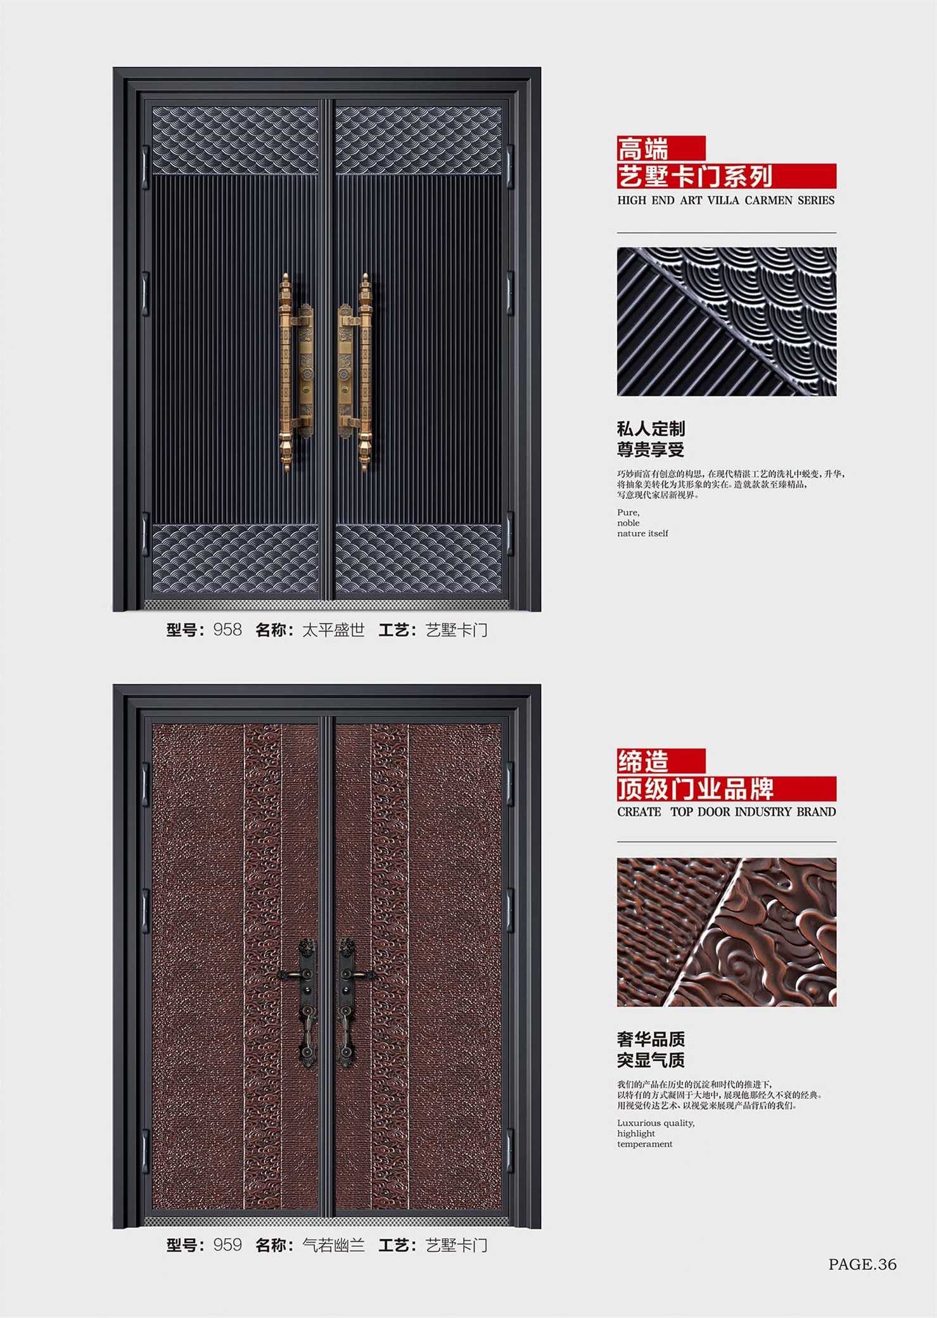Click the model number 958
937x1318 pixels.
[x=227, y=630]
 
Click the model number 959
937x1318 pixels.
[x=227, y=1245]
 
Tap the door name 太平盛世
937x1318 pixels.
[x=333, y=630]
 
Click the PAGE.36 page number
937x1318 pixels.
[x=862, y=1264]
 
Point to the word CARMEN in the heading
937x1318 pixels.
[x=768, y=200]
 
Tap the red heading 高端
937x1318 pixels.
[x=643, y=149]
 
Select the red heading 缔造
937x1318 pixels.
[x=643, y=761]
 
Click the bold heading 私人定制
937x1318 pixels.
[x=651, y=429]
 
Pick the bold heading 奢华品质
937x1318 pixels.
[x=651, y=1039]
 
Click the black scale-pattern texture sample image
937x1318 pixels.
[x=727, y=322]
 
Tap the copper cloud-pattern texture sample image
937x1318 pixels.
[x=727, y=932]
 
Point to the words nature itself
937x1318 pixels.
[x=642, y=533]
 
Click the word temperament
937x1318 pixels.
[x=645, y=1144]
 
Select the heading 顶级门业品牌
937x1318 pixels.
[x=696, y=789]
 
